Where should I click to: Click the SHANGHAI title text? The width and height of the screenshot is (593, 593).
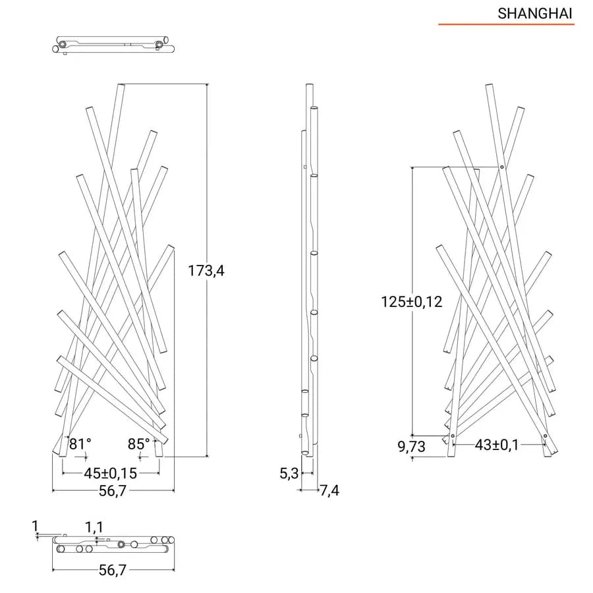tap(534, 14)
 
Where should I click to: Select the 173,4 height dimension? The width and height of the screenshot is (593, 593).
tap(206, 271)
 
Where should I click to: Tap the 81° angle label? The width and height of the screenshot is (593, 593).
tap(80, 443)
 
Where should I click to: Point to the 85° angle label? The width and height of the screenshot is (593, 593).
tap(139, 443)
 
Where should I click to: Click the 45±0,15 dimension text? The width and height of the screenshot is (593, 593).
tap(111, 473)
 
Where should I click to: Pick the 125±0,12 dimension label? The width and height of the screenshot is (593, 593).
tap(411, 302)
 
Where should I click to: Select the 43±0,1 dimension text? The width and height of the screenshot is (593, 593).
tap(497, 445)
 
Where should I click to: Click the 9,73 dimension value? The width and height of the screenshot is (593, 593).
tap(411, 447)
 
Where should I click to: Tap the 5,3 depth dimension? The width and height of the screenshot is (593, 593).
tap(289, 473)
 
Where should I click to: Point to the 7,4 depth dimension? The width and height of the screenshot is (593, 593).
tap(330, 490)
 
